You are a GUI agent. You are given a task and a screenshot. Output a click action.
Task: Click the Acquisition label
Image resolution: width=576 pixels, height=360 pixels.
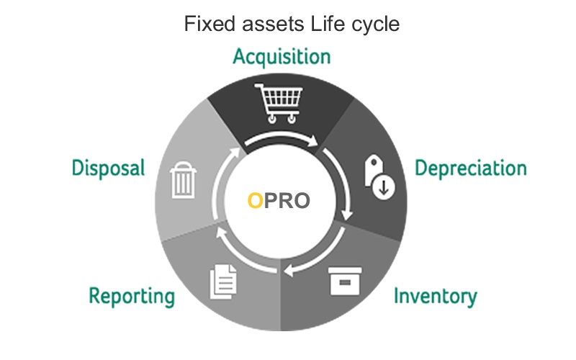(x=282, y=58)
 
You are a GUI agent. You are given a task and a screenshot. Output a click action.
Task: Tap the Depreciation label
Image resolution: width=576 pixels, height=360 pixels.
(x=471, y=168)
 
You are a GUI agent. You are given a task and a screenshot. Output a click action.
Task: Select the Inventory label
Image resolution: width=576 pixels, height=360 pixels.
(x=436, y=296)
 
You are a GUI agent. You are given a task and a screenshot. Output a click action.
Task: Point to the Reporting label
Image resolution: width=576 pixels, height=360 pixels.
(x=132, y=296)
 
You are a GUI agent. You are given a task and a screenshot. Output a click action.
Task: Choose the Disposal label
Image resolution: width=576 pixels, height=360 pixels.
(x=109, y=168)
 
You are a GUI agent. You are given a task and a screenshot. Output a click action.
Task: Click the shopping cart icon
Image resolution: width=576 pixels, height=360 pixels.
(x=279, y=103)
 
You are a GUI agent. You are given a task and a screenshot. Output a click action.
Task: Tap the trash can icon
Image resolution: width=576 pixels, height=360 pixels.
(x=183, y=179)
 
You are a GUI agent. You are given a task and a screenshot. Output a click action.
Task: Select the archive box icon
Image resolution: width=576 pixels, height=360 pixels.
(x=345, y=281)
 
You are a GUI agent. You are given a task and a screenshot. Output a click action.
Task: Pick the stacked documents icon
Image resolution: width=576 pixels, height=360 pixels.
(x=223, y=282)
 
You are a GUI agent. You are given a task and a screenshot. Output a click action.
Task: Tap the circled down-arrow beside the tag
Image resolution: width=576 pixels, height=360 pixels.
(x=384, y=188)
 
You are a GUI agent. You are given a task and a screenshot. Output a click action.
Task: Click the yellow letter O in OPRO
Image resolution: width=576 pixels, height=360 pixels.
(x=256, y=201)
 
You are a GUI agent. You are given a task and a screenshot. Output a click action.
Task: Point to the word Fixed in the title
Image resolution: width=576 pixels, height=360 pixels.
(x=210, y=24)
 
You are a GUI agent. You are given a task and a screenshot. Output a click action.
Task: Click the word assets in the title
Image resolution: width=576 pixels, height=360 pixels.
(x=273, y=24)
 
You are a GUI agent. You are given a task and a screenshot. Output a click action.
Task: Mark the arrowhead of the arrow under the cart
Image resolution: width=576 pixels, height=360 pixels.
(x=312, y=141)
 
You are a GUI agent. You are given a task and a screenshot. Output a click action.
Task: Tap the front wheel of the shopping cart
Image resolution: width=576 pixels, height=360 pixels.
(x=292, y=119)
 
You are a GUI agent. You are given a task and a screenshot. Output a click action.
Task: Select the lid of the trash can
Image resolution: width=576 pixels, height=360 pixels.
(x=183, y=168)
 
